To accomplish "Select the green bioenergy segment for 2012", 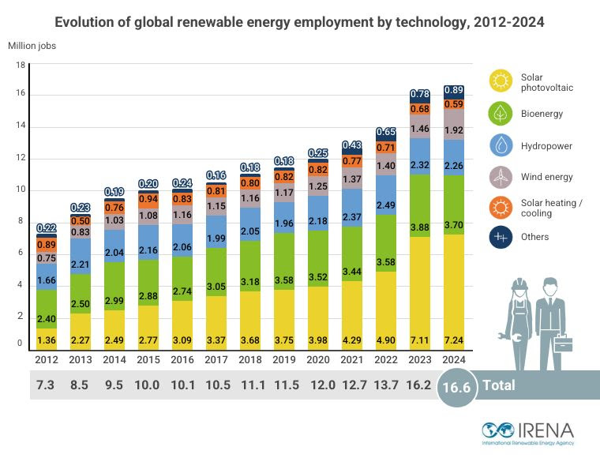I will point(47,309).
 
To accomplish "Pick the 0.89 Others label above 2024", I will point(453,91).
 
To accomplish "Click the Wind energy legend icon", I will point(501,177).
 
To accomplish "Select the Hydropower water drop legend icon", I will point(501,146).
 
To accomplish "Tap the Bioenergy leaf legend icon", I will point(501,114).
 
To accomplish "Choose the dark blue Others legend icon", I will point(501,237).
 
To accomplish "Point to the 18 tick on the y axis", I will point(21,66).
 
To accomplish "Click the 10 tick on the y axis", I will point(21,190).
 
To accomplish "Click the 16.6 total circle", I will point(459,385).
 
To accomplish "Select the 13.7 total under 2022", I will point(386,385).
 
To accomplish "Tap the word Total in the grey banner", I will point(499,385).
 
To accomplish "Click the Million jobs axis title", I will point(32,45).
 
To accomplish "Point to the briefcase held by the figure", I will point(563,343).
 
